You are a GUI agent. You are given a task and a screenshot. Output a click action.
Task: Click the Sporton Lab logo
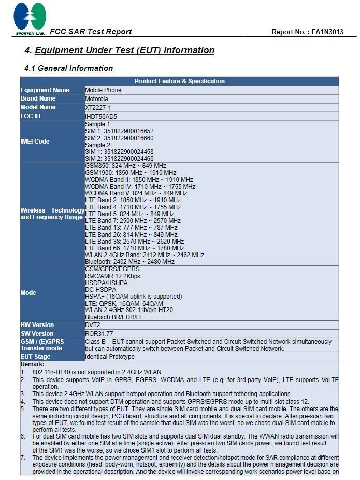click(x=30, y=19)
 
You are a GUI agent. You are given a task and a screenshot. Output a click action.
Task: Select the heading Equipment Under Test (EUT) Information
click(x=124, y=50)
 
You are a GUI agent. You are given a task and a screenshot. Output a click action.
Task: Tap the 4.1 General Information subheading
click(x=68, y=68)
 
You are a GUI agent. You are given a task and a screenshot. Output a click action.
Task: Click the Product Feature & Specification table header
click(x=179, y=81)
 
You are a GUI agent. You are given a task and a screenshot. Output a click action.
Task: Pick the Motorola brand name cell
click(x=97, y=98)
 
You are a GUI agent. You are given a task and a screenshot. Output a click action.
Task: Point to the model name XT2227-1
click(x=98, y=107)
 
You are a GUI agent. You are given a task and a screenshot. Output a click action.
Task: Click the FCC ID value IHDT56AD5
click(x=101, y=116)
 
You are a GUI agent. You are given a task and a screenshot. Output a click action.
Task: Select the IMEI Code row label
click(x=35, y=142)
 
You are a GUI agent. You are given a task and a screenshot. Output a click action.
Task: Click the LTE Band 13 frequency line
click(x=131, y=228)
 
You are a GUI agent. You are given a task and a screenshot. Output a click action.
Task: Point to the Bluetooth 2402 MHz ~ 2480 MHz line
click(x=129, y=262)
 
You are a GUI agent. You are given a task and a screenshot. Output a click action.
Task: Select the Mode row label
click(x=28, y=293)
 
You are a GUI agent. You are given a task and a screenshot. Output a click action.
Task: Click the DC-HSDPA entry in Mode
click(x=102, y=289)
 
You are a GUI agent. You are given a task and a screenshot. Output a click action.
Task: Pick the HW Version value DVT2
click(x=93, y=325)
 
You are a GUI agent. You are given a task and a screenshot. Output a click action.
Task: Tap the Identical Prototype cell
click(x=110, y=357)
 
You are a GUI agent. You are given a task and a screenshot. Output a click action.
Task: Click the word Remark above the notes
click(x=32, y=364)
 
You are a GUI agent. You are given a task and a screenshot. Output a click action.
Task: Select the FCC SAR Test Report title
click(x=91, y=32)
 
